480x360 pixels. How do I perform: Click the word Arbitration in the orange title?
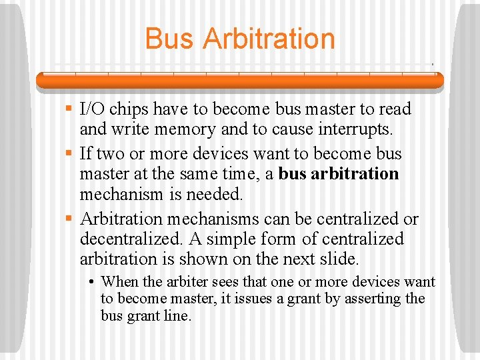point(269,39)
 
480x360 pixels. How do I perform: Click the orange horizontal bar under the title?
point(240,80)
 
